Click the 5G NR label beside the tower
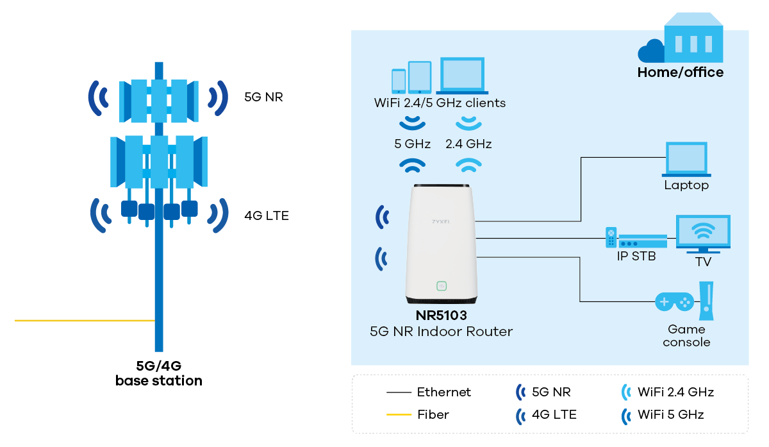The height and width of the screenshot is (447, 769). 263,97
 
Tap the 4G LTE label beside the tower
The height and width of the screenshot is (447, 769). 267,215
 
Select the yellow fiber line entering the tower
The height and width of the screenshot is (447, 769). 84,320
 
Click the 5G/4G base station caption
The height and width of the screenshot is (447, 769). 159,373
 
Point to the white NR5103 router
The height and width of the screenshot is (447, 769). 442,244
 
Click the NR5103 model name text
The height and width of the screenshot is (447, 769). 442,316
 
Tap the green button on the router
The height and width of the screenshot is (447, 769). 441,286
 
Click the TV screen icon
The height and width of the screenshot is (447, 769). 703,232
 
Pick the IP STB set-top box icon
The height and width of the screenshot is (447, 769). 643,241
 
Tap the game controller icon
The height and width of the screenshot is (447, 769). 674,301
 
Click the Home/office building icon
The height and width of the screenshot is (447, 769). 693,41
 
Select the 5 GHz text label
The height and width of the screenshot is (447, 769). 412,144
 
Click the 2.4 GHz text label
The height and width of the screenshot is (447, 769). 468,144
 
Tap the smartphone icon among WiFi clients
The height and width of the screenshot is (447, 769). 399,81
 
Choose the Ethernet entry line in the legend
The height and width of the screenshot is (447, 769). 399,392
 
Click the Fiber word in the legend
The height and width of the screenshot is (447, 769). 433,414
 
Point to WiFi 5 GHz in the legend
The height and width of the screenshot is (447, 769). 670,414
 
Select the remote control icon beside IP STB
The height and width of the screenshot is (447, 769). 611,237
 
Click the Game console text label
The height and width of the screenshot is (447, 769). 686,335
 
